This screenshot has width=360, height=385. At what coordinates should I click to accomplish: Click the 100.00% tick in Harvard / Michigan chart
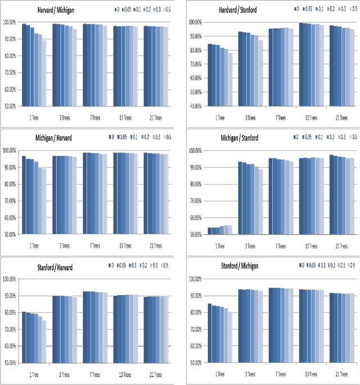pos(11,23)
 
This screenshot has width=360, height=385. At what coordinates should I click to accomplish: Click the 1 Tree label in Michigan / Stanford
pos(220,247)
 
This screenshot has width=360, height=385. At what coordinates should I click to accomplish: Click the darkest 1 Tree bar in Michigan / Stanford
pos(210,231)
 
